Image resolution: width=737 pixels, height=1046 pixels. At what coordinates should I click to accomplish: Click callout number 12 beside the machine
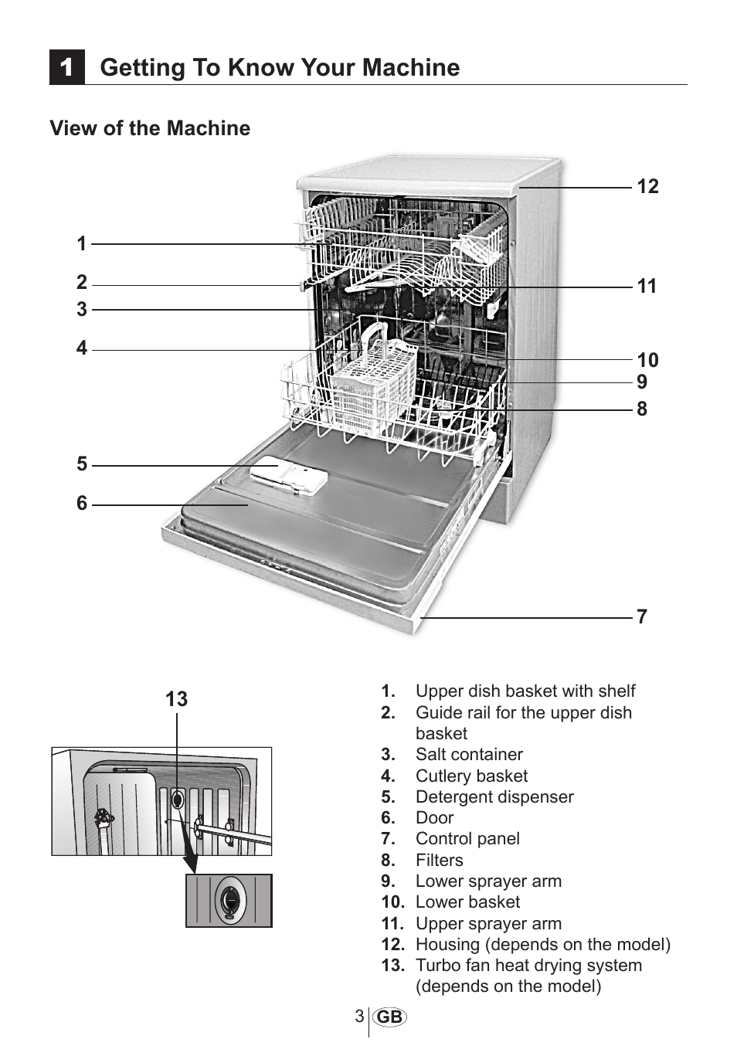tap(648, 186)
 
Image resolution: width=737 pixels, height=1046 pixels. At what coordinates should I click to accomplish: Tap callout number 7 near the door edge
tap(642, 616)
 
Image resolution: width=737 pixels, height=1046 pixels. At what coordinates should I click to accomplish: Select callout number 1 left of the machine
tap(82, 243)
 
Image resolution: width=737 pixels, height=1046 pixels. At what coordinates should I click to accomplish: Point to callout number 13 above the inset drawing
tap(177, 699)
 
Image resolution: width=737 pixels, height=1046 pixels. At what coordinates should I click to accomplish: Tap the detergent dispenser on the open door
tap(289, 477)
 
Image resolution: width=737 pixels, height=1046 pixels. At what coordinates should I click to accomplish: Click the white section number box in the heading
tap(66, 66)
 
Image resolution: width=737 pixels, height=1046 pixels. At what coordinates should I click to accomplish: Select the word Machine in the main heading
tap(411, 66)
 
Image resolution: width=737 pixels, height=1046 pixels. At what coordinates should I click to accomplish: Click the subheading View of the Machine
tap(150, 128)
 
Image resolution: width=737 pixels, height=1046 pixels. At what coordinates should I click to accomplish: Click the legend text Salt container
tap(470, 754)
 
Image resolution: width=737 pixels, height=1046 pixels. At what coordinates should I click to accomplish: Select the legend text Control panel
tap(467, 839)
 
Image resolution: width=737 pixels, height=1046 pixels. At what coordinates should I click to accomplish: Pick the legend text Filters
tap(440, 860)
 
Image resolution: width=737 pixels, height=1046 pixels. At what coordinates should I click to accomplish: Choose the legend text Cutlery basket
tap(472, 776)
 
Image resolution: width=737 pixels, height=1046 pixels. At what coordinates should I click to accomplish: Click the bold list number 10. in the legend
tap(392, 902)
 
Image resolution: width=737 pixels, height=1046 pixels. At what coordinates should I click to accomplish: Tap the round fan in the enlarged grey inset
tap(229, 900)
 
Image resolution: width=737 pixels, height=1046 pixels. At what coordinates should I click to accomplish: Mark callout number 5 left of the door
tap(82, 464)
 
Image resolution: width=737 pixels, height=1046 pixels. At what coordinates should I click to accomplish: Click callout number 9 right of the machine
tap(642, 382)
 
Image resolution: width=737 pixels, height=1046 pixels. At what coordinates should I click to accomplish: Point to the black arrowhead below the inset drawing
tap(191, 863)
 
